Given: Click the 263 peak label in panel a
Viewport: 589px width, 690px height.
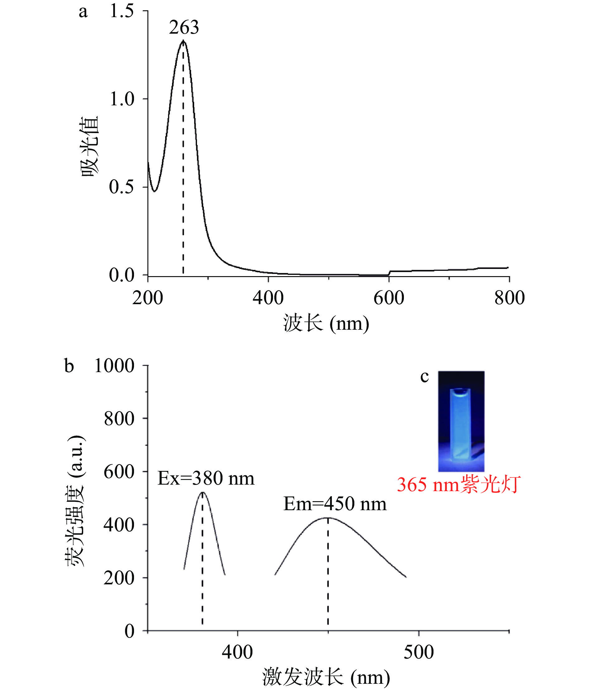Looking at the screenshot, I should pos(184,27).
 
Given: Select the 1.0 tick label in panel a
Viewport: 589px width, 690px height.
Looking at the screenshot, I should pos(122,99).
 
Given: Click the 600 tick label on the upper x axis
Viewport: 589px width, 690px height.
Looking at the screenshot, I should pos(389,298).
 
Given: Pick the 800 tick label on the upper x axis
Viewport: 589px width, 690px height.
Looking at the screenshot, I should pos(509,298).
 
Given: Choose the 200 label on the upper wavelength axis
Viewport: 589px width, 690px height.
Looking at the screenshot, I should pos(147,298).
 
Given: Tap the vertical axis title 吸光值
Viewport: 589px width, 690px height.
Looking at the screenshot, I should pos(89,146).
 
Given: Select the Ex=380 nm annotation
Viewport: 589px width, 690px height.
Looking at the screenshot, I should pos(206,478).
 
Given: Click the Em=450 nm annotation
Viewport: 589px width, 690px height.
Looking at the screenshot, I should pos(335,504).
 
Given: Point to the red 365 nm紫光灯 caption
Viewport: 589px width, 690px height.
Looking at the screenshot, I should pos(458,485).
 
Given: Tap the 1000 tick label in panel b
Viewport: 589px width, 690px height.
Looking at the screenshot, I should pos(114,366).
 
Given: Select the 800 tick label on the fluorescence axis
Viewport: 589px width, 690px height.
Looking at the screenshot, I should pos(119,419).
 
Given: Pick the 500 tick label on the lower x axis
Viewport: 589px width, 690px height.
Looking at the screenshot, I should pos(419,652).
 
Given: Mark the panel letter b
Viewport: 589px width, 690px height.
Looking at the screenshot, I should pos(69,366).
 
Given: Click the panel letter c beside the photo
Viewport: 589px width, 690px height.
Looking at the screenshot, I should pos(424,377).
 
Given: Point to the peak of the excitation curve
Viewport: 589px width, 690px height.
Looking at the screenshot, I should pos(203,492).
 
